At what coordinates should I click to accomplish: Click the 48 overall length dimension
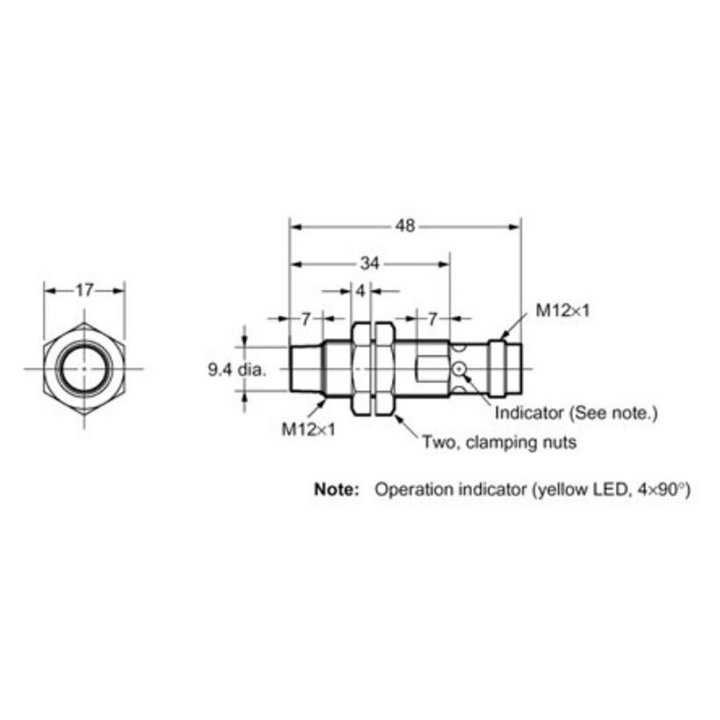405,226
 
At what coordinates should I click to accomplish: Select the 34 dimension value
370,263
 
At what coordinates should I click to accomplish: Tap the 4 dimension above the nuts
361,290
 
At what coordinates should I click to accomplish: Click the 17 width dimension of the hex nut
85,290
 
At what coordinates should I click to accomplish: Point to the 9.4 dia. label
237,370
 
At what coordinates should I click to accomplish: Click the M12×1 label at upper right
562,311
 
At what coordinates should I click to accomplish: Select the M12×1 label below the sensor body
309,430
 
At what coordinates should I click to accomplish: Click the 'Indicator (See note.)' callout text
576,414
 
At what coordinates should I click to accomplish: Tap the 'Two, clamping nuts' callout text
499,442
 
